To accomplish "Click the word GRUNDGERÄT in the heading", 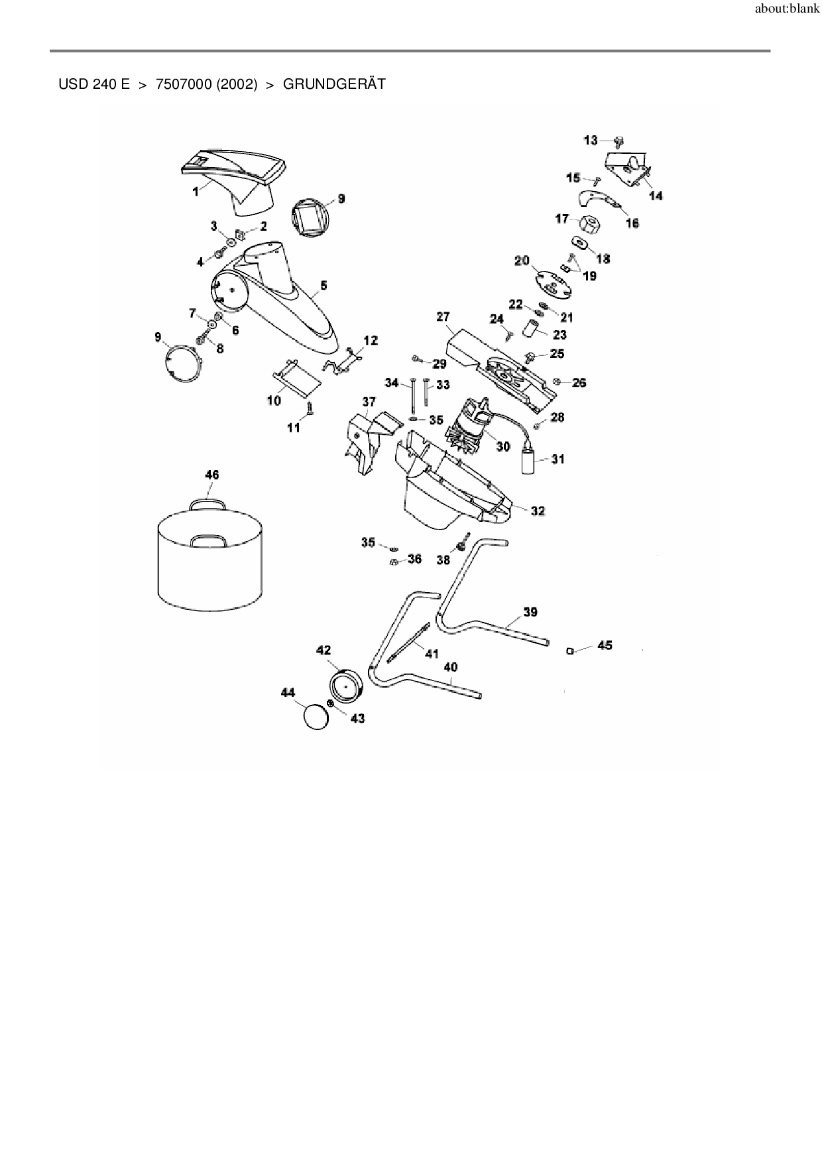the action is click(x=334, y=85).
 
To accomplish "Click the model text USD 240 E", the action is click(x=94, y=85).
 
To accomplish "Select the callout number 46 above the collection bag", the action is click(x=211, y=475).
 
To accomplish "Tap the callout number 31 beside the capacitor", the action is click(x=558, y=459).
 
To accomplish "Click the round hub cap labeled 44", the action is click(x=316, y=717).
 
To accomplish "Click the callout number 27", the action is click(x=443, y=317).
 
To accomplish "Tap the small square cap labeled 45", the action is click(x=569, y=650).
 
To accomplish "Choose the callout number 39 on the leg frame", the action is click(x=530, y=612).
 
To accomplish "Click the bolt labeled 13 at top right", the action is click(x=619, y=141).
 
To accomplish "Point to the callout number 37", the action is click(x=369, y=402).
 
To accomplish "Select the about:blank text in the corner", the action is click(x=787, y=10).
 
